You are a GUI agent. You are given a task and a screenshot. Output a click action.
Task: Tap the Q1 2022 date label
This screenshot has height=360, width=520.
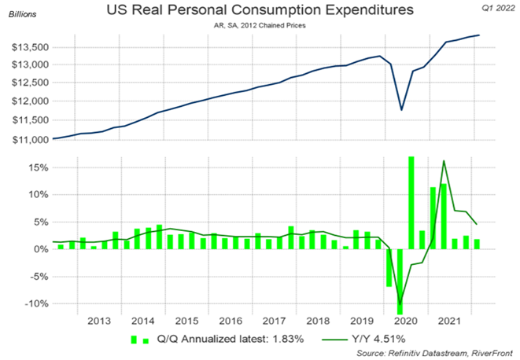[x=494, y=6]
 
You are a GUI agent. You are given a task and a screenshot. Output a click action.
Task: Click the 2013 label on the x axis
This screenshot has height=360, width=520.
[x=99, y=321]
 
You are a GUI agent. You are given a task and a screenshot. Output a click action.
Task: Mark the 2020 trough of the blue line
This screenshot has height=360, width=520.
[x=402, y=109]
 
